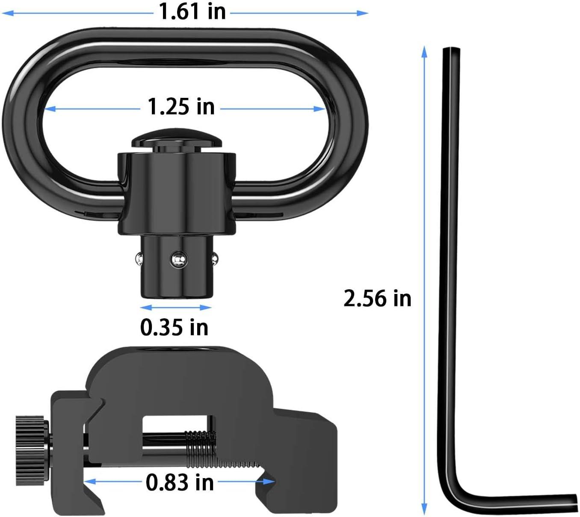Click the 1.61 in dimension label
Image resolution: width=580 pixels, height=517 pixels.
[192, 12]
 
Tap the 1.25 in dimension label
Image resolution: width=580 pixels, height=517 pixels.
[181, 106]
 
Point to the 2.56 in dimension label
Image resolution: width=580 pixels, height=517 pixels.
[377, 298]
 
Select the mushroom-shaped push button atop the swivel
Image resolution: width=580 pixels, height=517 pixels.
[177, 139]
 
